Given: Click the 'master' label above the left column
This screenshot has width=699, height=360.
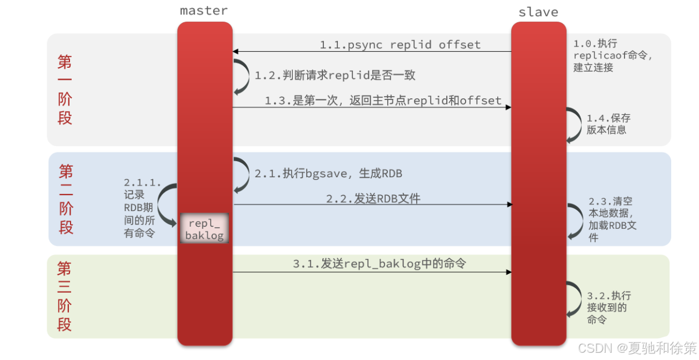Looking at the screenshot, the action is pyautogui.click(x=204, y=11).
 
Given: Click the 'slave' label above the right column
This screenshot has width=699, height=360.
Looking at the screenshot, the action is pyautogui.click(x=538, y=12).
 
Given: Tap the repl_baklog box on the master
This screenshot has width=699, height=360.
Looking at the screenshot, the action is pyautogui.click(x=204, y=229).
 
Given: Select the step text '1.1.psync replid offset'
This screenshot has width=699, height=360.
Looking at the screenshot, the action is pyautogui.click(x=400, y=44).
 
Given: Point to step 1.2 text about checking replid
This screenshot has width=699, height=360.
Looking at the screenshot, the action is pyautogui.click(x=334, y=75).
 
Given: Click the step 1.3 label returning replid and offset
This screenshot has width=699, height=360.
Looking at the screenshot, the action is pyautogui.click(x=383, y=101).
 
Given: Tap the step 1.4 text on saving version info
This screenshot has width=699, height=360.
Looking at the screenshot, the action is pyautogui.click(x=608, y=124).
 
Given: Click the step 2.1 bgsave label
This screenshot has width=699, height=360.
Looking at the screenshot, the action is pyautogui.click(x=328, y=173).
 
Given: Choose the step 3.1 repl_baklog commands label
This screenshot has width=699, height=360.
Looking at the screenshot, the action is pyautogui.click(x=380, y=264).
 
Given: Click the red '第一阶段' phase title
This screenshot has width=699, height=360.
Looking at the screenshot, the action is pyautogui.click(x=65, y=89).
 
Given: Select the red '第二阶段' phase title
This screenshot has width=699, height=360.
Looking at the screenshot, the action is pyautogui.click(x=66, y=199).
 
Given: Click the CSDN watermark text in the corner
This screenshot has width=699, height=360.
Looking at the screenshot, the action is pyautogui.click(x=637, y=348).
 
